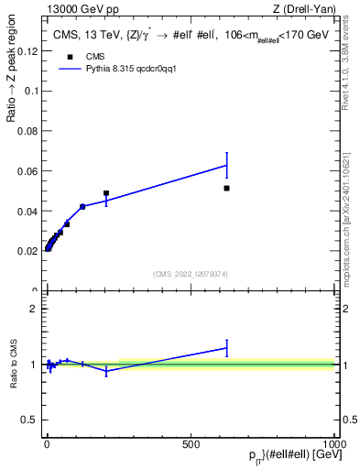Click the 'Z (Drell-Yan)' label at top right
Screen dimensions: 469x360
(x=303, y=10)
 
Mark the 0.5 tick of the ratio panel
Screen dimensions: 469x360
(x=32, y=420)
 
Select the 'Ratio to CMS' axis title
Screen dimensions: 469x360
(x=15, y=365)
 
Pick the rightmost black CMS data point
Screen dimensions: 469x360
(x=226, y=188)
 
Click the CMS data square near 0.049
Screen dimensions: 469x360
(x=106, y=193)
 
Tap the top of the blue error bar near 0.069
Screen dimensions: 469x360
(x=226, y=152)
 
